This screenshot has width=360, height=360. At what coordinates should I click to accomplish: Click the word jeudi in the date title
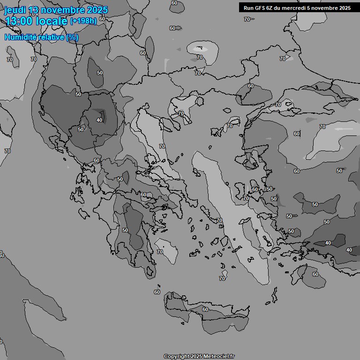[x=15, y=10]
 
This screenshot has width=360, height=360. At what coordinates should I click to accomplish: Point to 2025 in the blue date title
[x=97, y=10]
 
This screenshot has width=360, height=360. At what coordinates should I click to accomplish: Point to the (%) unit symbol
[x=72, y=37]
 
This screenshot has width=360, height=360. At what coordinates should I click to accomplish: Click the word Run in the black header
[x=248, y=8]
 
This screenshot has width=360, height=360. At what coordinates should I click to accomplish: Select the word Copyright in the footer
[x=177, y=356]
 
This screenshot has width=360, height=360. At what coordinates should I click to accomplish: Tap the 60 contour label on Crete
[x=205, y=309]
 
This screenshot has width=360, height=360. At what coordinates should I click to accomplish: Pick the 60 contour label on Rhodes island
[x=315, y=274]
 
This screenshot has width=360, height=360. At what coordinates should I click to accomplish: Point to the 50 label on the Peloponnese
[x=125, y=230]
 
